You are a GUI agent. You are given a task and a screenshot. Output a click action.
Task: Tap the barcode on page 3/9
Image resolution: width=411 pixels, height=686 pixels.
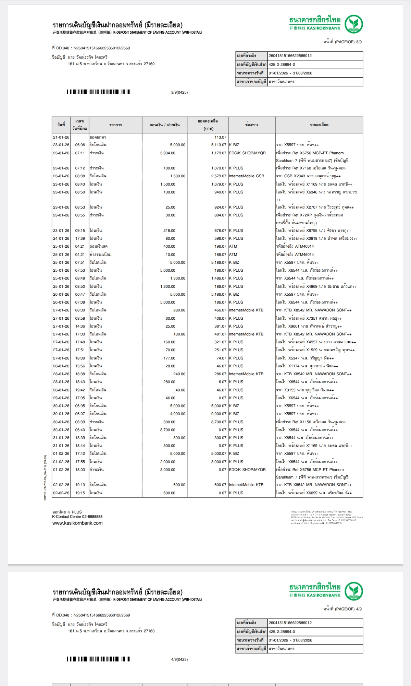(x=99, y=92)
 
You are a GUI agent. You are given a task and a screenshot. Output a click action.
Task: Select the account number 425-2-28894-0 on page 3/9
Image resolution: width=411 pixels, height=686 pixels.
(x=282, y=64)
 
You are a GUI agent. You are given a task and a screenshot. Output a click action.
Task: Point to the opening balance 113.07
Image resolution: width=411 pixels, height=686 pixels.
(x=220, y=137)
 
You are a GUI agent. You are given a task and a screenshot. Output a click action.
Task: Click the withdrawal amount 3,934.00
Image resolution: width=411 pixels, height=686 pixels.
(x=167, y=153)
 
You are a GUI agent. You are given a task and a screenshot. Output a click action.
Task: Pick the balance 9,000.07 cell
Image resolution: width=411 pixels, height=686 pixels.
(x=219, y=414)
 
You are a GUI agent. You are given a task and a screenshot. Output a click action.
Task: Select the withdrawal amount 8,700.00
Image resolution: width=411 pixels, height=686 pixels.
(x=167, y=430)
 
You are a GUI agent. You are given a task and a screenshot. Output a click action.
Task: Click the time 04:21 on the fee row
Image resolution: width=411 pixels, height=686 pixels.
(x=80, y=255)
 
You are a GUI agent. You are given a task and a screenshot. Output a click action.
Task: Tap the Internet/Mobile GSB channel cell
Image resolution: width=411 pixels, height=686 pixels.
(x=247, y=176)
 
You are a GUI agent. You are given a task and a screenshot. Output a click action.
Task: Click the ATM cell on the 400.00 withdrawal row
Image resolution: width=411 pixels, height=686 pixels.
(x=233, y=246)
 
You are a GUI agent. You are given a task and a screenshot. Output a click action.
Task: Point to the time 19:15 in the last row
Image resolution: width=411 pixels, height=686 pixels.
(x=80, y=493)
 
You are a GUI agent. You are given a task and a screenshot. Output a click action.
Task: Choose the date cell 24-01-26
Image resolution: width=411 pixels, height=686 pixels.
(x=61, y=238)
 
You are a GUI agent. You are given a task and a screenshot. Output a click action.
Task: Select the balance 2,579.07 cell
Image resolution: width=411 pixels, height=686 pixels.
(x=219, y=176)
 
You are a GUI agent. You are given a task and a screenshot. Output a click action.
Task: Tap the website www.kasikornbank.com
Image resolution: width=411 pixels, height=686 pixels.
(x=77, y=523)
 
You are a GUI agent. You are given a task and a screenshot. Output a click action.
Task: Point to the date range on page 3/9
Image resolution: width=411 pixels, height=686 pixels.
(x=290, y=73)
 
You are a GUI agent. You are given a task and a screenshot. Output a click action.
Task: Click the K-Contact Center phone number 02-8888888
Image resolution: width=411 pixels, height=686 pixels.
(x=92, y=517)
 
